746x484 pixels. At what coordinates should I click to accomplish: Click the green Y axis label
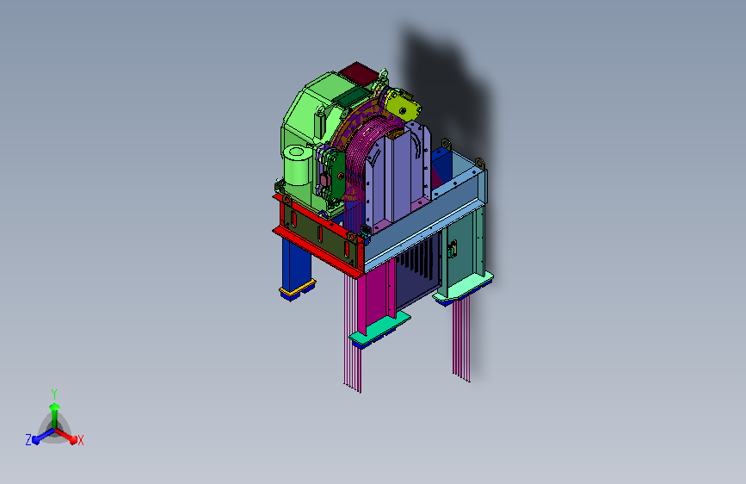pyautogui.click(x=54, y=394)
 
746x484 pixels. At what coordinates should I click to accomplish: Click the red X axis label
pyautogui.click(x=80, y=441)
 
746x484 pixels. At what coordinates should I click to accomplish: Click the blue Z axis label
pyautogui.click(x=28, y=440)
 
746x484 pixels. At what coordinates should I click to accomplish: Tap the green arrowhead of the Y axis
pyautogui.click(x=55, y=406)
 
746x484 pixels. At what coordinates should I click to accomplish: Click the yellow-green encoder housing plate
pyautogui.click(x=403, y=106)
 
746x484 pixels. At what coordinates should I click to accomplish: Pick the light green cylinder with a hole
pyautogui.click(x=298, y=164)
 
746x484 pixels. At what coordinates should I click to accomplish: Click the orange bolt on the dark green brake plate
pyautogui.click(x=341, y=177)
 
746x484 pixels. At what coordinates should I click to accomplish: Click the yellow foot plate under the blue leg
pyautogui.click(x=298, y=288)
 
